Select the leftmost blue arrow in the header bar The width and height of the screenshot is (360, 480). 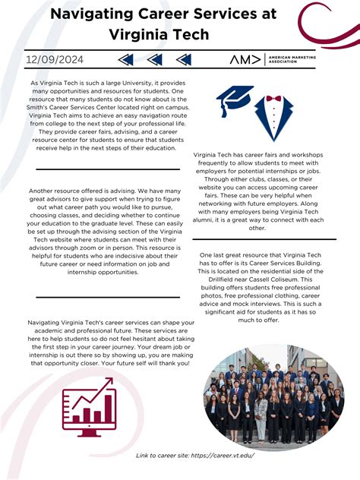126,59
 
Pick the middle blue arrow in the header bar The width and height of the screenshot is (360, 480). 154,59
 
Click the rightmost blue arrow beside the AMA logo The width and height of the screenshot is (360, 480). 183,59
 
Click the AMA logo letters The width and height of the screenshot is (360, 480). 245,59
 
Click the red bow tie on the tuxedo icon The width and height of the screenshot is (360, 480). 273,99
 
